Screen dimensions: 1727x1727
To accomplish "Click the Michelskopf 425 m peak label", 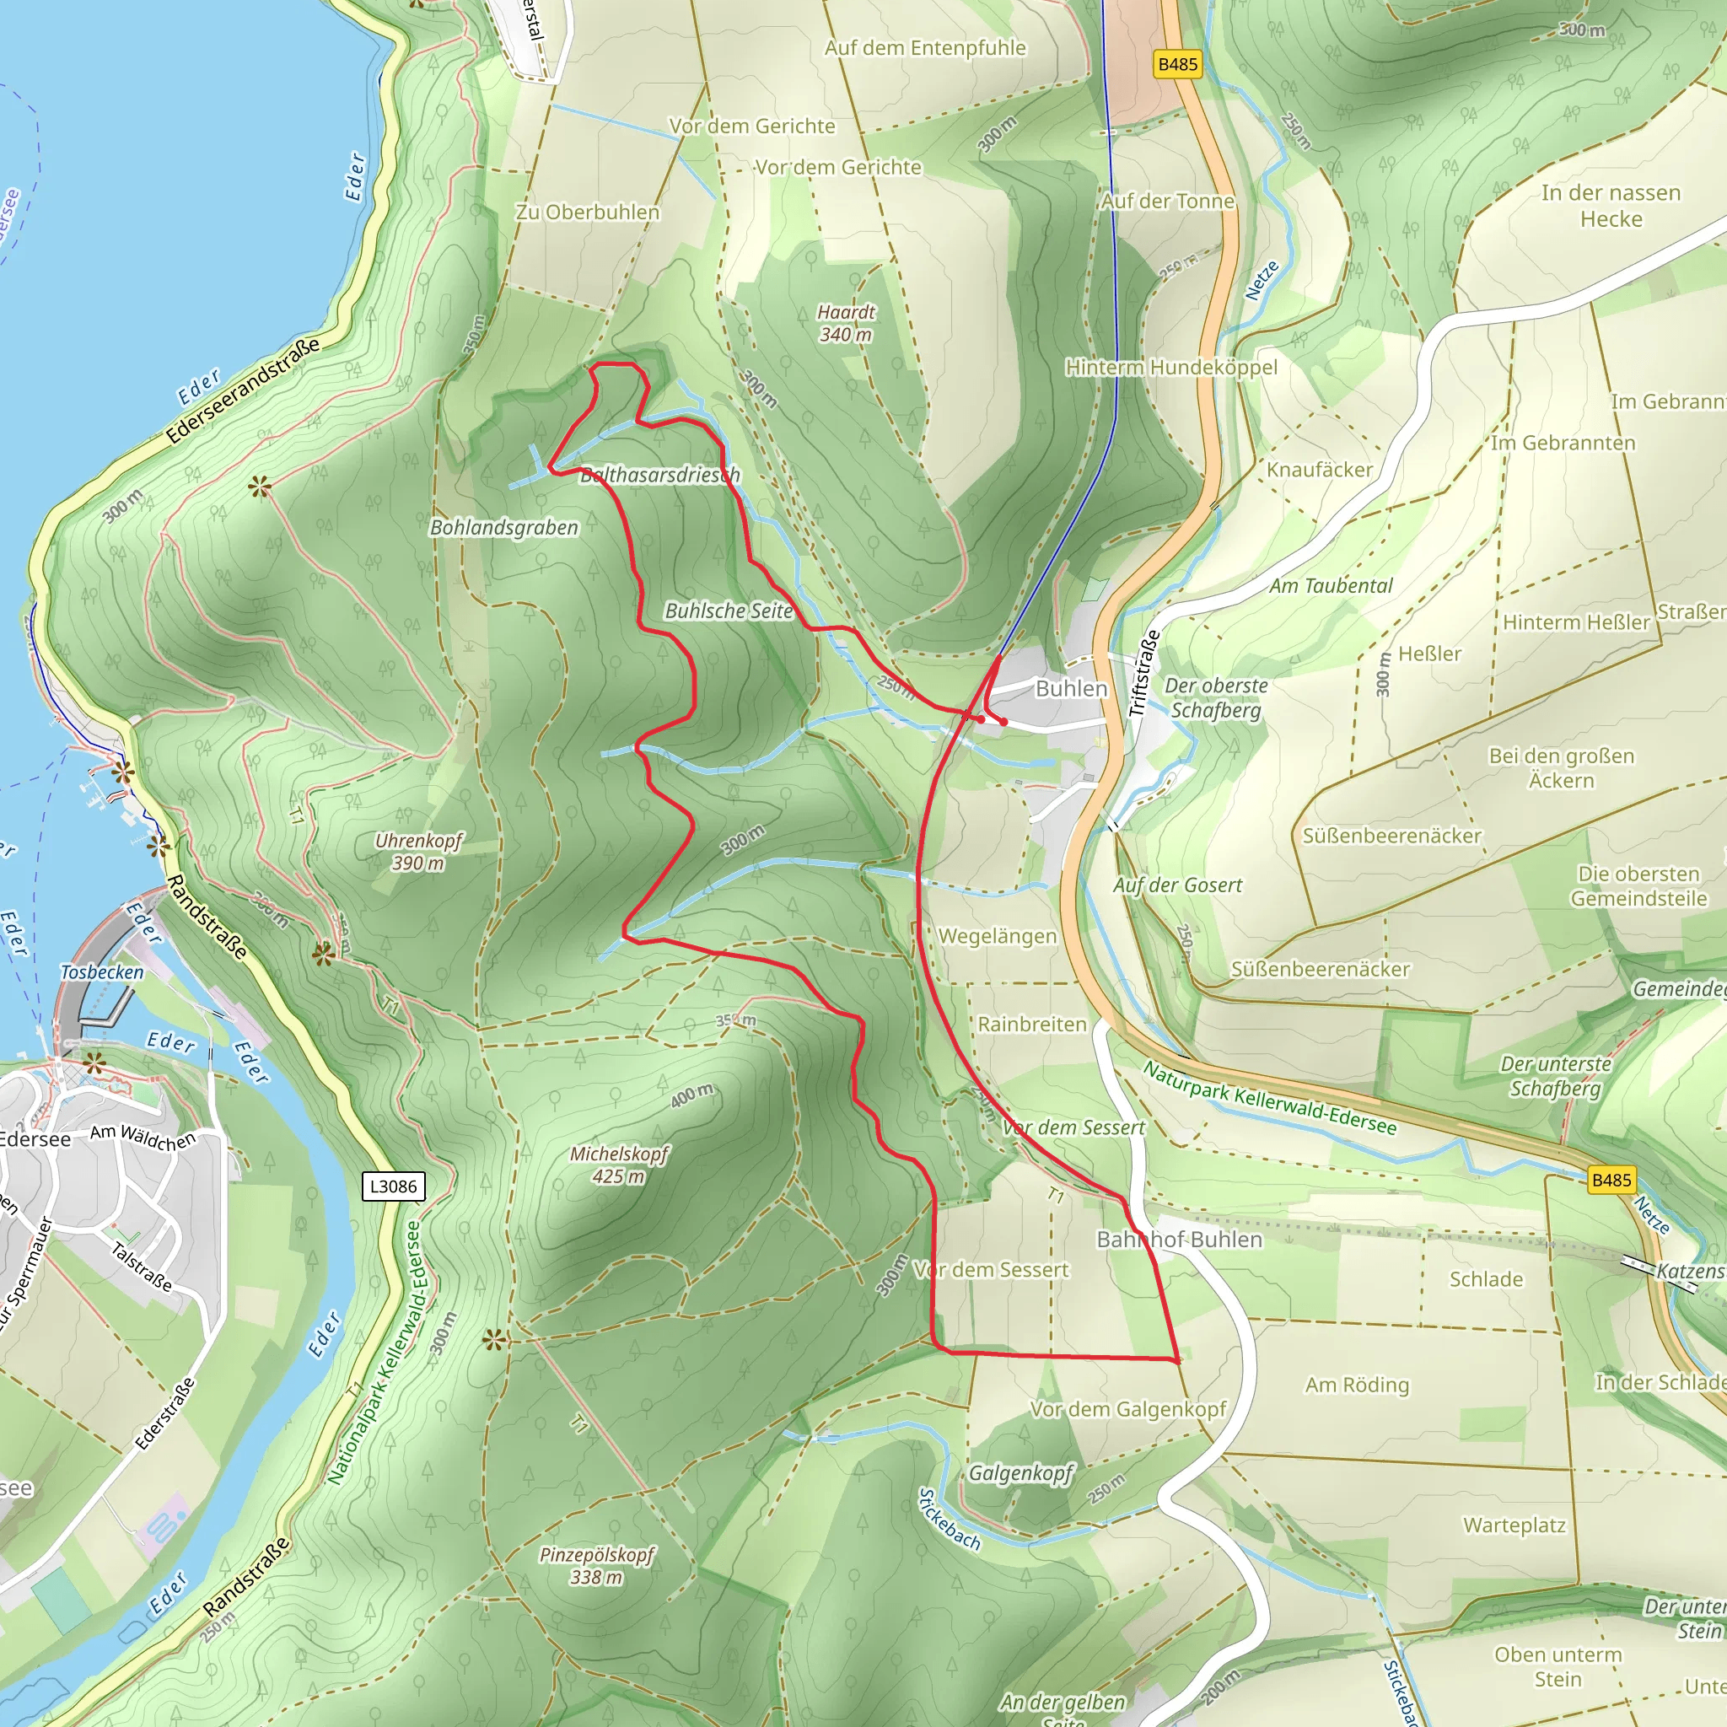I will (619, 1165).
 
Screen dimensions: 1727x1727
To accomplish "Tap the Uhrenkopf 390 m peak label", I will (418, 851).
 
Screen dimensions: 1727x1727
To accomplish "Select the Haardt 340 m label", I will (846, 323).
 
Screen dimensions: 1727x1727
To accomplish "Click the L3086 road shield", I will (393, 1186).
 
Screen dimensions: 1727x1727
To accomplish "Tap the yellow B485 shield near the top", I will (1177, 64).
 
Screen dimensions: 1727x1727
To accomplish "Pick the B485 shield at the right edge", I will (1611, 1180).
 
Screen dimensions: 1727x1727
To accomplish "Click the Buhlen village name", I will (1071, 688).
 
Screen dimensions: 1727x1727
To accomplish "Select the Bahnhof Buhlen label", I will (1179, 1239).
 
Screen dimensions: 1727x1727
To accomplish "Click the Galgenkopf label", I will (1021, 1472).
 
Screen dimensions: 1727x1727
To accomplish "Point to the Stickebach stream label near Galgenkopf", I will (950, 1519).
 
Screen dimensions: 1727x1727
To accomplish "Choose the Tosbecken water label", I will (102, 971).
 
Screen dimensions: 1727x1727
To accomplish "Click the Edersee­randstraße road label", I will (242, 390).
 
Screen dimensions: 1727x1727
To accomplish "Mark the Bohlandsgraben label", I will (504, 527).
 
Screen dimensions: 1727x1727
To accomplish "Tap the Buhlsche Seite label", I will (729, 611).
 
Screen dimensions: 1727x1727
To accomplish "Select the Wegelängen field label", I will (998, 936).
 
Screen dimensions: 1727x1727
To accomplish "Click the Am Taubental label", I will (1331, 585).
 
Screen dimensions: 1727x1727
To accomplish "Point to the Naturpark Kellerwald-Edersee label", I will (1269, 1098).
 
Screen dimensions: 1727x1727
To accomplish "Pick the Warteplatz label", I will (1514, 1525).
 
